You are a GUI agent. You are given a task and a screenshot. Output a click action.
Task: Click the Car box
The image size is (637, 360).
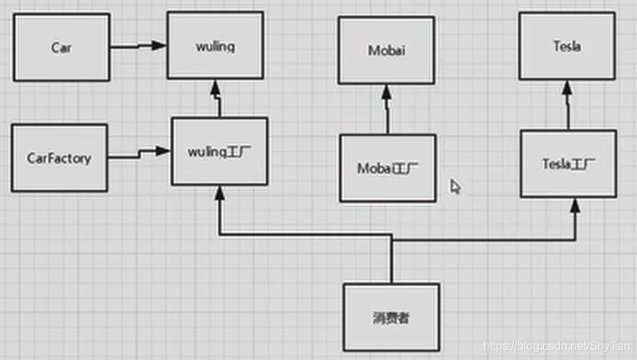click(x=61, y=47)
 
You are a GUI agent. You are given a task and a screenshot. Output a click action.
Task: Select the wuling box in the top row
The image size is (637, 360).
click(x=215, y=45)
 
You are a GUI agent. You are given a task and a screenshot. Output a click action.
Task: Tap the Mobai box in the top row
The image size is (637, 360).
click(x=386, y=50)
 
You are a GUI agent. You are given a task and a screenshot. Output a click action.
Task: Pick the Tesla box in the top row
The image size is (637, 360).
click(x=567, y=45)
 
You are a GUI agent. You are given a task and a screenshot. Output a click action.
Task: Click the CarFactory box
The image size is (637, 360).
click(x=59, y=157)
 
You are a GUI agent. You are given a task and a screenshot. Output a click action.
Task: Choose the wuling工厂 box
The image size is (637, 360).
click(x=219, y=151)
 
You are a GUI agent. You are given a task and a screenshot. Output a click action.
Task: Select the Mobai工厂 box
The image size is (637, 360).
click(x=388, y=168)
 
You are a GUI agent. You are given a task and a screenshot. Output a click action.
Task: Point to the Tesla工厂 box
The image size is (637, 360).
click(x=568, y=163)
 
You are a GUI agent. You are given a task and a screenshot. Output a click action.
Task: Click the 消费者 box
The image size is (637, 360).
click(x=391, y=318)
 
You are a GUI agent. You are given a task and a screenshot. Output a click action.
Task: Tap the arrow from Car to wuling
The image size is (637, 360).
click(x=138, y=46)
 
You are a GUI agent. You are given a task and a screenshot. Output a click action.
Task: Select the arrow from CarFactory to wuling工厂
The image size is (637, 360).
click(x=139, y=154)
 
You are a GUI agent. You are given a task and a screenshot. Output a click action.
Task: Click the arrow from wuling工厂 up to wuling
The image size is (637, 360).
click(x=216, y=99)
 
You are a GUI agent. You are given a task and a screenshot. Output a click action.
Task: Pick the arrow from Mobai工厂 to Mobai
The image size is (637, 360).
click(x=387, y=110)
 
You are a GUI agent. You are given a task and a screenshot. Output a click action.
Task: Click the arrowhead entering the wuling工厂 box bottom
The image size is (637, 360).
click(x=219, y=193)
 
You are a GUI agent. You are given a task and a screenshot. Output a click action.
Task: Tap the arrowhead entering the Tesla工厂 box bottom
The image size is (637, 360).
click(x=575, y=206)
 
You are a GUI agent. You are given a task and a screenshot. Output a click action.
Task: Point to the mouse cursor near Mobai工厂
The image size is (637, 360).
click(x=455, y=187)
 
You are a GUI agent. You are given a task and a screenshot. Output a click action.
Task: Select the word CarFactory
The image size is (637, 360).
click(x=59, y=157)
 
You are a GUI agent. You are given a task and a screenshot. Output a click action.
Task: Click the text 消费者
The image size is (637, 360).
click(x=391, y=318)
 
